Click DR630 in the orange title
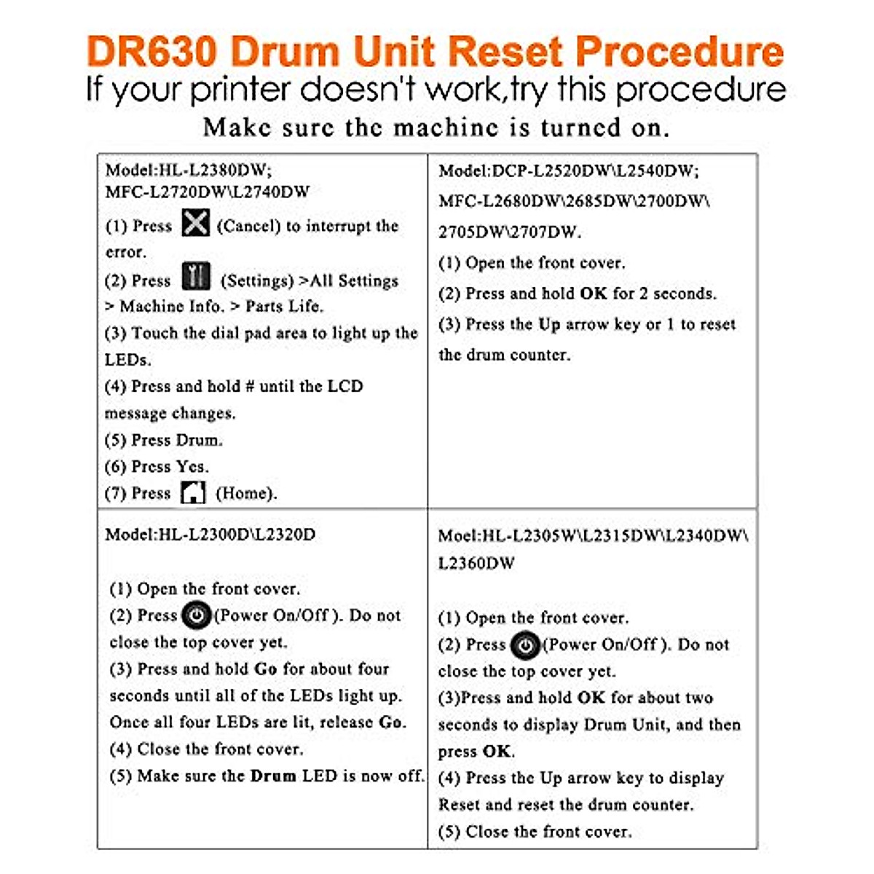152,52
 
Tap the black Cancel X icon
195,223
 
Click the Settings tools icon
196,277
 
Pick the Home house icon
193,492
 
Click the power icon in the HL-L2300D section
196,615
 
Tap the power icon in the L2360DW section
524,645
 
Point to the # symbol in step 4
249,386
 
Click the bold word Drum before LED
273,776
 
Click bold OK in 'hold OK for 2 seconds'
593,294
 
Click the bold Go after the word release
392,723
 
